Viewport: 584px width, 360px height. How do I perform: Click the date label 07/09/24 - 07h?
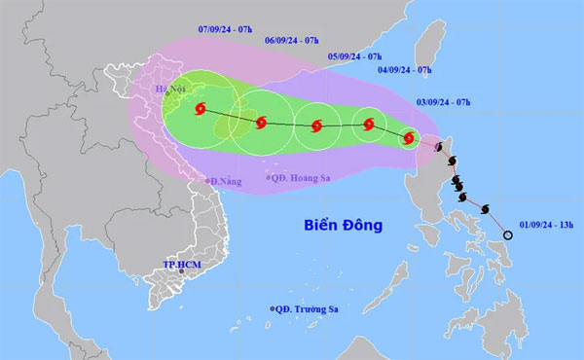(x=226, y=30)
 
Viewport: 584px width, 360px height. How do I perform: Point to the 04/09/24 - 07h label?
(x=404, y=70)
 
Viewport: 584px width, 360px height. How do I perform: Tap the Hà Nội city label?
(x=170, y=90)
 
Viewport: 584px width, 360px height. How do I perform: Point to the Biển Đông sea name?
(x=342, y=226)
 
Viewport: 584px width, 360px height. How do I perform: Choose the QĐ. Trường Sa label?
(x=310, y=309)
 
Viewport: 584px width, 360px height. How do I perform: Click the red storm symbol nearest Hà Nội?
(x=202, y=110)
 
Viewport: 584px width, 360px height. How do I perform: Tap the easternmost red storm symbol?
(x=410, y=139)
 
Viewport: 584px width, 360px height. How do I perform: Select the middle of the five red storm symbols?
(x=316, y=126)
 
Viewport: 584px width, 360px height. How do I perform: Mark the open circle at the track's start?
(x=507, y=234)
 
